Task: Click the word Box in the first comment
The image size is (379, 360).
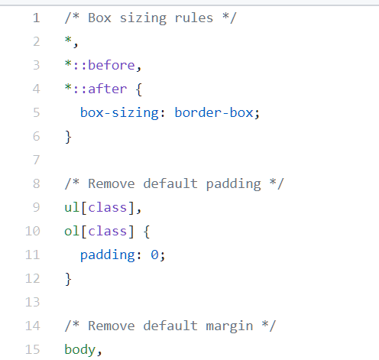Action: (99, 18)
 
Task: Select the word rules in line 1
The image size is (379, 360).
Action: (194, 18)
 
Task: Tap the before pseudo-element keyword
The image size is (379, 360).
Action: (112, 65)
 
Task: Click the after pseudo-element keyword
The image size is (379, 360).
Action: (107, 89)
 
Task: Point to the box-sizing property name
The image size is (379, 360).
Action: (119, 112)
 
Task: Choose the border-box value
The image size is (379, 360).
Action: (214, 112)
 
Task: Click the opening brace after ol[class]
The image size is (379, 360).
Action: (147, 232)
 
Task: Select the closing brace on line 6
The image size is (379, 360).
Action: (68, 137)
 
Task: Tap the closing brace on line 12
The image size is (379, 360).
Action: (68, 279)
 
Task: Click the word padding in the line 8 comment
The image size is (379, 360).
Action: (233, 184)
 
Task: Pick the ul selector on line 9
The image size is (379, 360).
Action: (72, 207)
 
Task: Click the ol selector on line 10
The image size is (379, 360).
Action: (72, 231)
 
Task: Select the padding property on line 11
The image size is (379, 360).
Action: (108, 255)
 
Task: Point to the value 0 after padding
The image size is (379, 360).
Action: (154, 255)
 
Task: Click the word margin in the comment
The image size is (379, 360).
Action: (229, 326)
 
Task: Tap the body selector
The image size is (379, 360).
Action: (79, 349)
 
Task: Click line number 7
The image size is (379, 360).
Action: (37, 160)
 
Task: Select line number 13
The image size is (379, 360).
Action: (33, 303)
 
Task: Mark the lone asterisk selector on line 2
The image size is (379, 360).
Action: (68, 40)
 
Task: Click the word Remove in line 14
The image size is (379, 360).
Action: (112, 326)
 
